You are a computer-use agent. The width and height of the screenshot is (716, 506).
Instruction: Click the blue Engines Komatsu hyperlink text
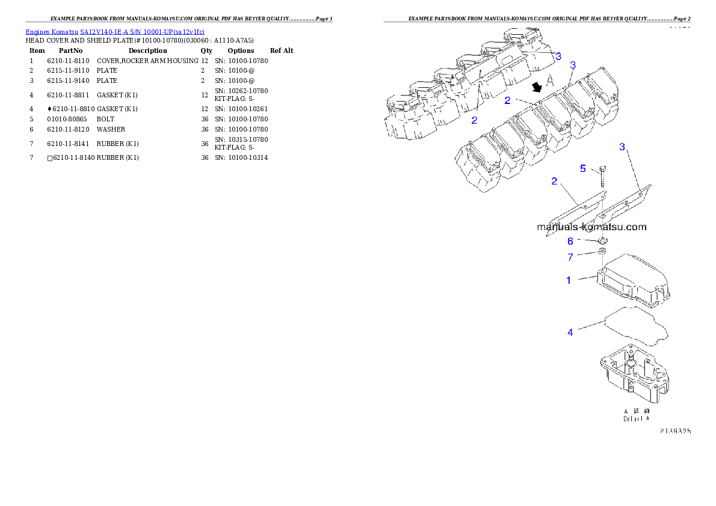114,31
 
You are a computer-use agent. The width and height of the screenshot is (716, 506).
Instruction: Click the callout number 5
583,169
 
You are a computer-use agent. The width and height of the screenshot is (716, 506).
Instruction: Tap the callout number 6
570,241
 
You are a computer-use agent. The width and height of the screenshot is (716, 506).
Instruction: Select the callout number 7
570,258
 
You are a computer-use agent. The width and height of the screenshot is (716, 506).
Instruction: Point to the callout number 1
569,280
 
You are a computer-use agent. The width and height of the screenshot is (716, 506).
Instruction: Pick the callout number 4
570,332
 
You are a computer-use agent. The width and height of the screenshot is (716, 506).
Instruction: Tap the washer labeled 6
602,242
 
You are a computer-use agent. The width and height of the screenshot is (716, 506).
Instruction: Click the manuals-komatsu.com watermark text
591,227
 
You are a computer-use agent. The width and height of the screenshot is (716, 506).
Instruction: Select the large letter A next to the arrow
549,80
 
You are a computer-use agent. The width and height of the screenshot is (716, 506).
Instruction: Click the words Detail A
636,418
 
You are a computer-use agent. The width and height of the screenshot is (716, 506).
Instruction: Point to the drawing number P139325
675,431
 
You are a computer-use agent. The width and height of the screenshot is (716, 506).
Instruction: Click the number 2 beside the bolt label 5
555,181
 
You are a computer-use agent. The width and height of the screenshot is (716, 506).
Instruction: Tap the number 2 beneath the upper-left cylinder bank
474,120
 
